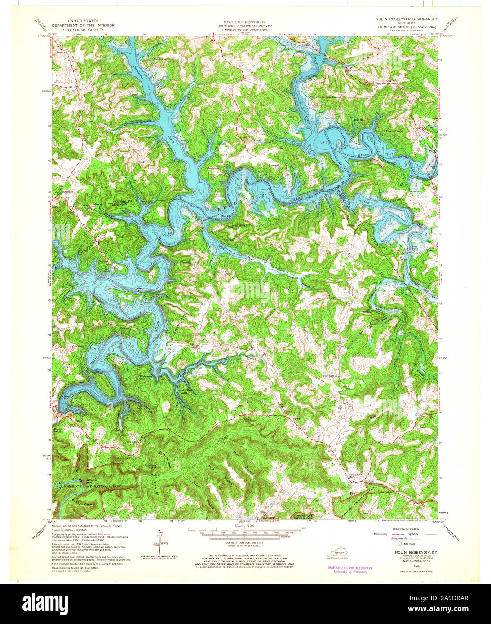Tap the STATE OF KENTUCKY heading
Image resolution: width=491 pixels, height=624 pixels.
[245, 22]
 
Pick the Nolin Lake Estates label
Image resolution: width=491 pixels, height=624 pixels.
[330, 97]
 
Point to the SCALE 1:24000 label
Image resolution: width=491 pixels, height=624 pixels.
[245, 526]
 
